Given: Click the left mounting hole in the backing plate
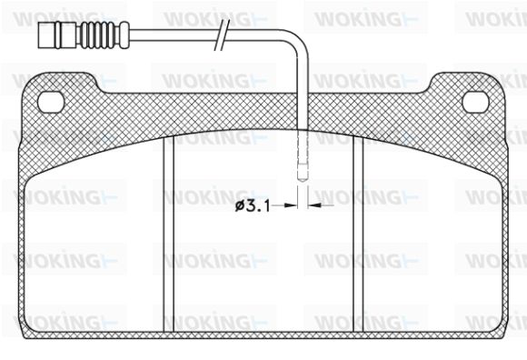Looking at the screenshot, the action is click(51, 102).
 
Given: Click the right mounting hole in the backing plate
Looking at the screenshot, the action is click(475, 102).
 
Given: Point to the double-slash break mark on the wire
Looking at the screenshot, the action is click(222, 35).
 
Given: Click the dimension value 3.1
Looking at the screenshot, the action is click(258, 206).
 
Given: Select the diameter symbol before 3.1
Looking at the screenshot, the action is click(240, 205).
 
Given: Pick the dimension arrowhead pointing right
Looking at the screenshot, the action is click(291, 205).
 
